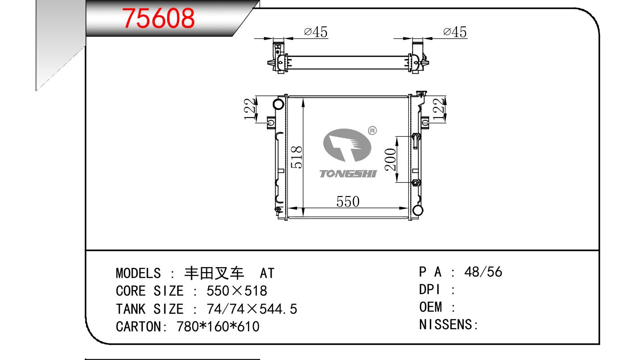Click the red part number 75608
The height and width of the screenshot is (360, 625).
click(x=158, y=18)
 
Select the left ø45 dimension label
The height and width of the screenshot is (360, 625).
click(x=315, y=32)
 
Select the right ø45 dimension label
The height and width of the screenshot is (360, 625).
click(x=455, y=32)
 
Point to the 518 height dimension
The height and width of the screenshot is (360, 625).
click(x=296, y=157)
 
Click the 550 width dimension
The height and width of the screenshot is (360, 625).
click(x=348, y=201)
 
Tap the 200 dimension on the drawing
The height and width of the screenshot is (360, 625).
click(x=390, y=159)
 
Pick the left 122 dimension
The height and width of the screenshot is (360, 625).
click(x=250, y=109)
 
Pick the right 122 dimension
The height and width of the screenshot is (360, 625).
click(x=438, y=109)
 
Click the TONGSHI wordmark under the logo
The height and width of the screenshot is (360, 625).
click(x=348, y=174)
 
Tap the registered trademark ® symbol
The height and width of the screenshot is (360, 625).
click(x=373, y=130)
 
